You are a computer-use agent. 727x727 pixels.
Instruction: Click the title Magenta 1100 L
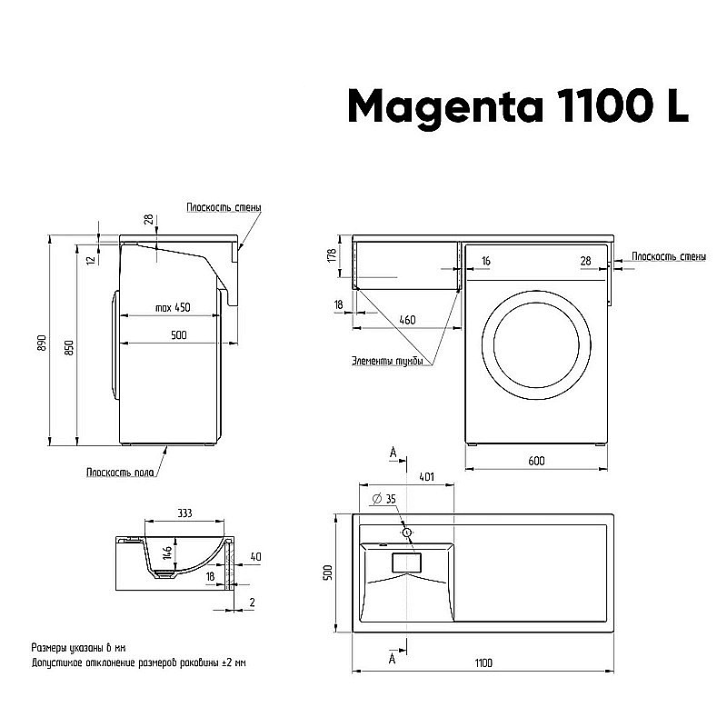[519, 106]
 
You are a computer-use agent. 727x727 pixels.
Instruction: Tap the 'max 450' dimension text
[172, 307]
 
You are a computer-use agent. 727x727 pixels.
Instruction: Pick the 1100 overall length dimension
[483, 663]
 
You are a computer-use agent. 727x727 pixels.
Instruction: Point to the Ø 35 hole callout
[384, 499]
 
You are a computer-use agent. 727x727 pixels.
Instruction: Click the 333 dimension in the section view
[184, 513]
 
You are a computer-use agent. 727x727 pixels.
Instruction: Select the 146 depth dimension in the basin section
[167, 553]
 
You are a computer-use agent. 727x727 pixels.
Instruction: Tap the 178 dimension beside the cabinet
[333, 255]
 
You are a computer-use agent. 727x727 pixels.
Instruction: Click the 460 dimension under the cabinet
[407, 320]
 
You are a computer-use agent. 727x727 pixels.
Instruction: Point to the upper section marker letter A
[393, 452]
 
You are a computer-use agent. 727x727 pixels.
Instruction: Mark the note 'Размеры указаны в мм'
[79, 647]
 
